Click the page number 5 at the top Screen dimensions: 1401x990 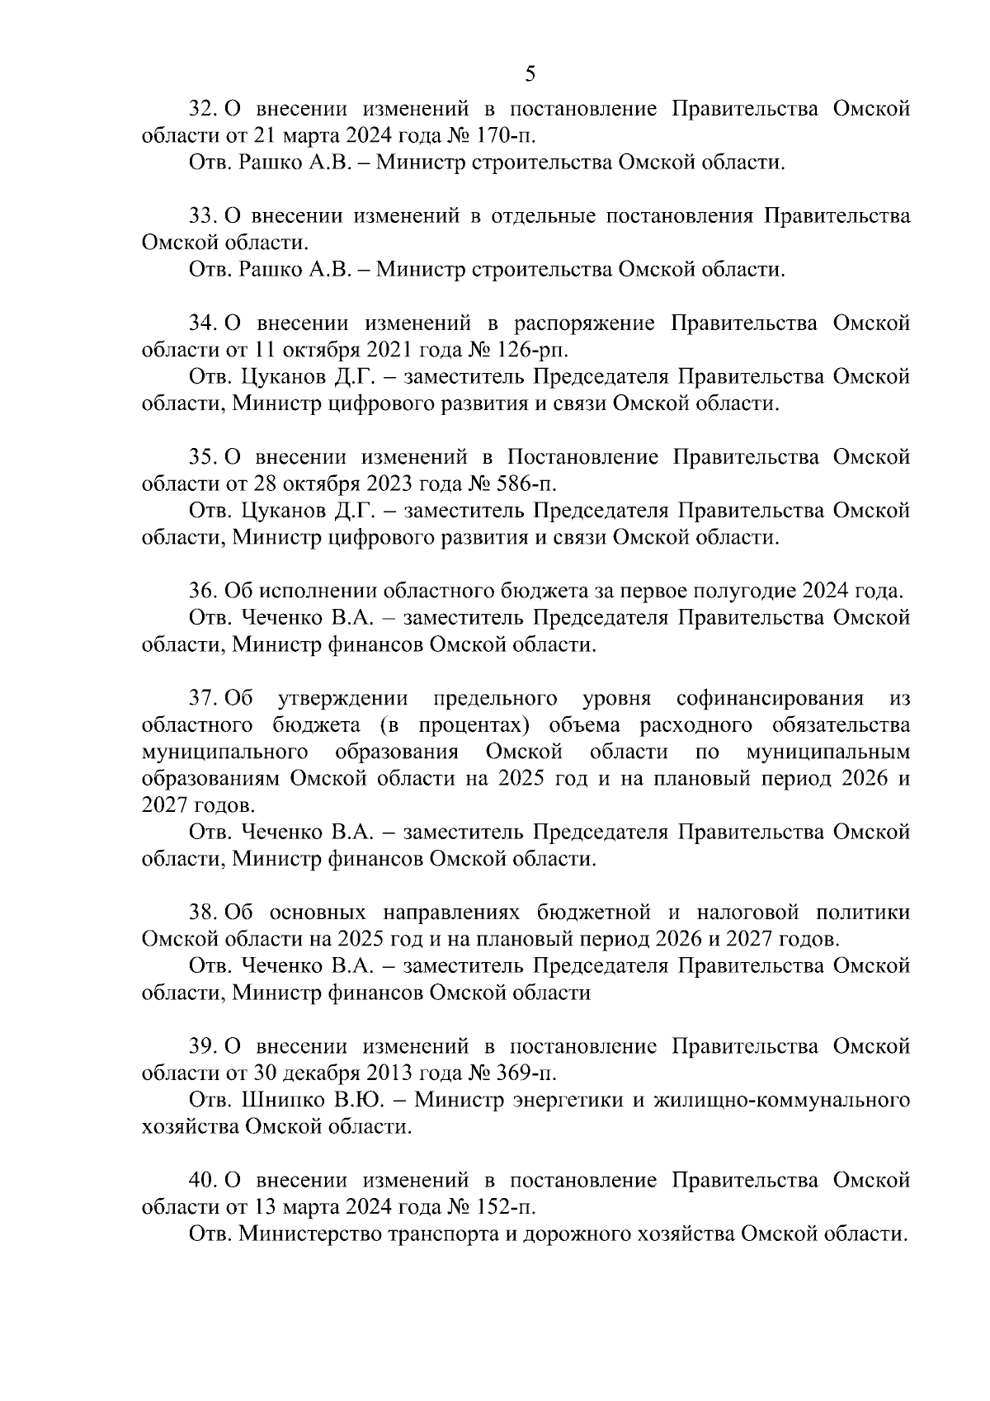pyautogui.click(x=530, y=74)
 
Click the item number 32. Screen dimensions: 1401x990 pyautogui.click(x=203, y=109)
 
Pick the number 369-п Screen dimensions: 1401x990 pyautogui.click(x=521, y=1073)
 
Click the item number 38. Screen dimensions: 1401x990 pyautogui.click(x=203, y=913)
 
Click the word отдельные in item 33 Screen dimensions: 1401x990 pyautogui.click(x=542, y=216)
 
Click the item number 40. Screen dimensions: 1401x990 pyautogui.click(x=203, y=1181)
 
